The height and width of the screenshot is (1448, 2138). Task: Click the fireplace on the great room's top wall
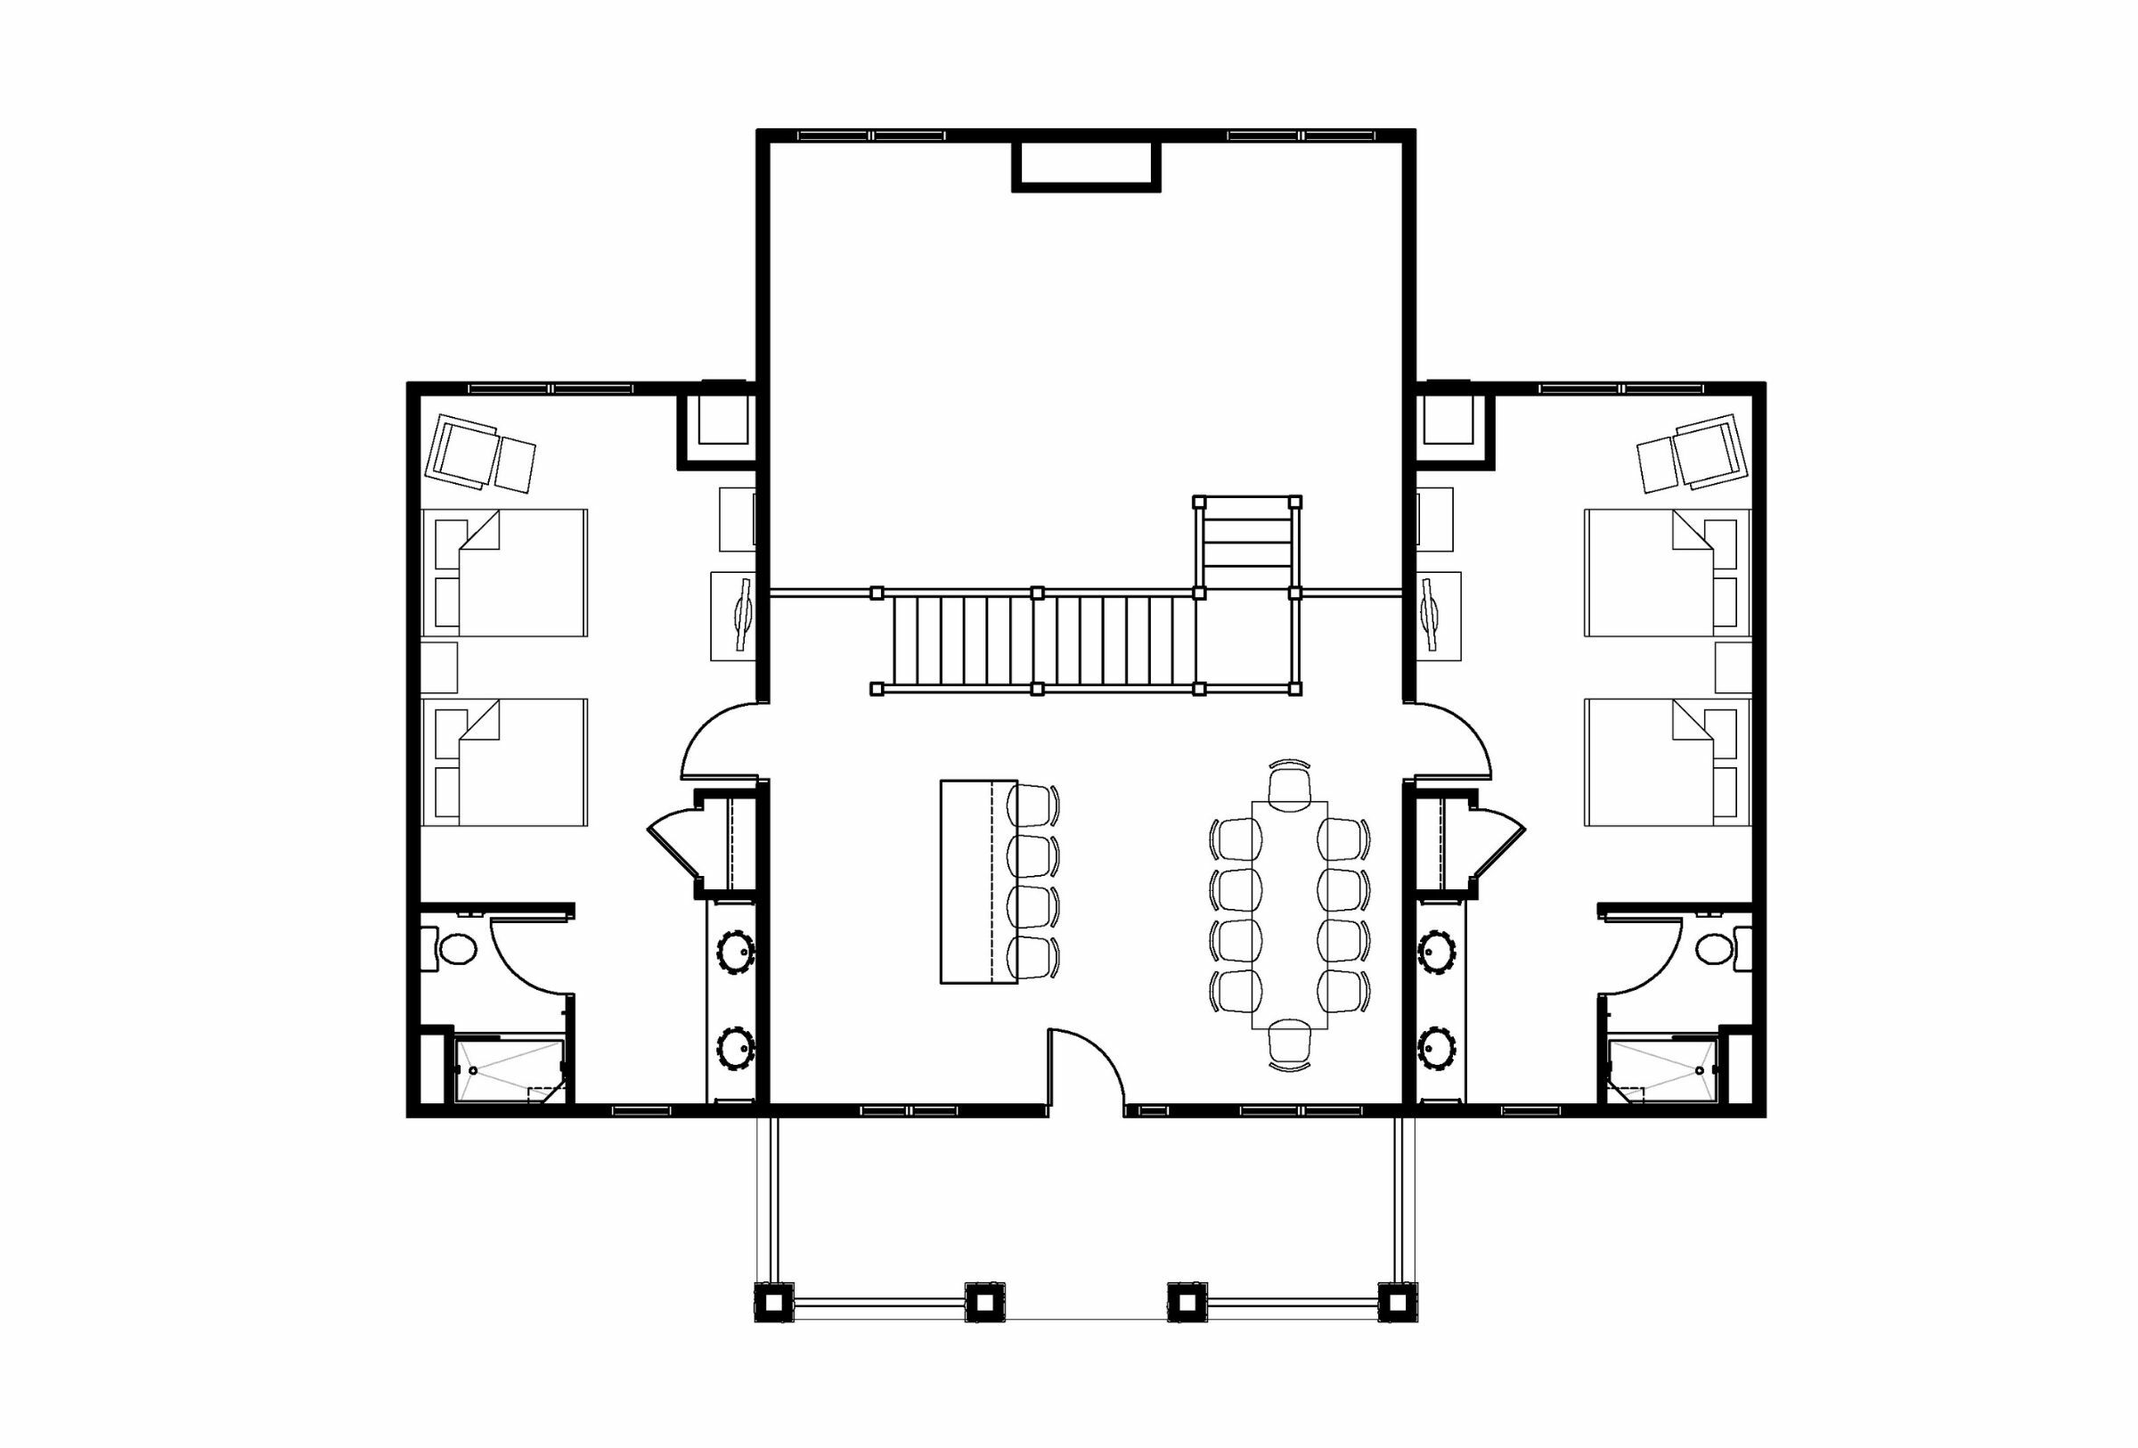pos(1086,166)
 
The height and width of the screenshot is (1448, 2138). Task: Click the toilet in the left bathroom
pos(455,948)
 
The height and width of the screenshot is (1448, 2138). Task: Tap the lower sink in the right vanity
pos(1436,1047)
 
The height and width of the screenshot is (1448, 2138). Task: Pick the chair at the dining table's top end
pos(1290,788)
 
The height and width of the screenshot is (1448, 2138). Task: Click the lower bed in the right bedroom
pos(1667,762)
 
